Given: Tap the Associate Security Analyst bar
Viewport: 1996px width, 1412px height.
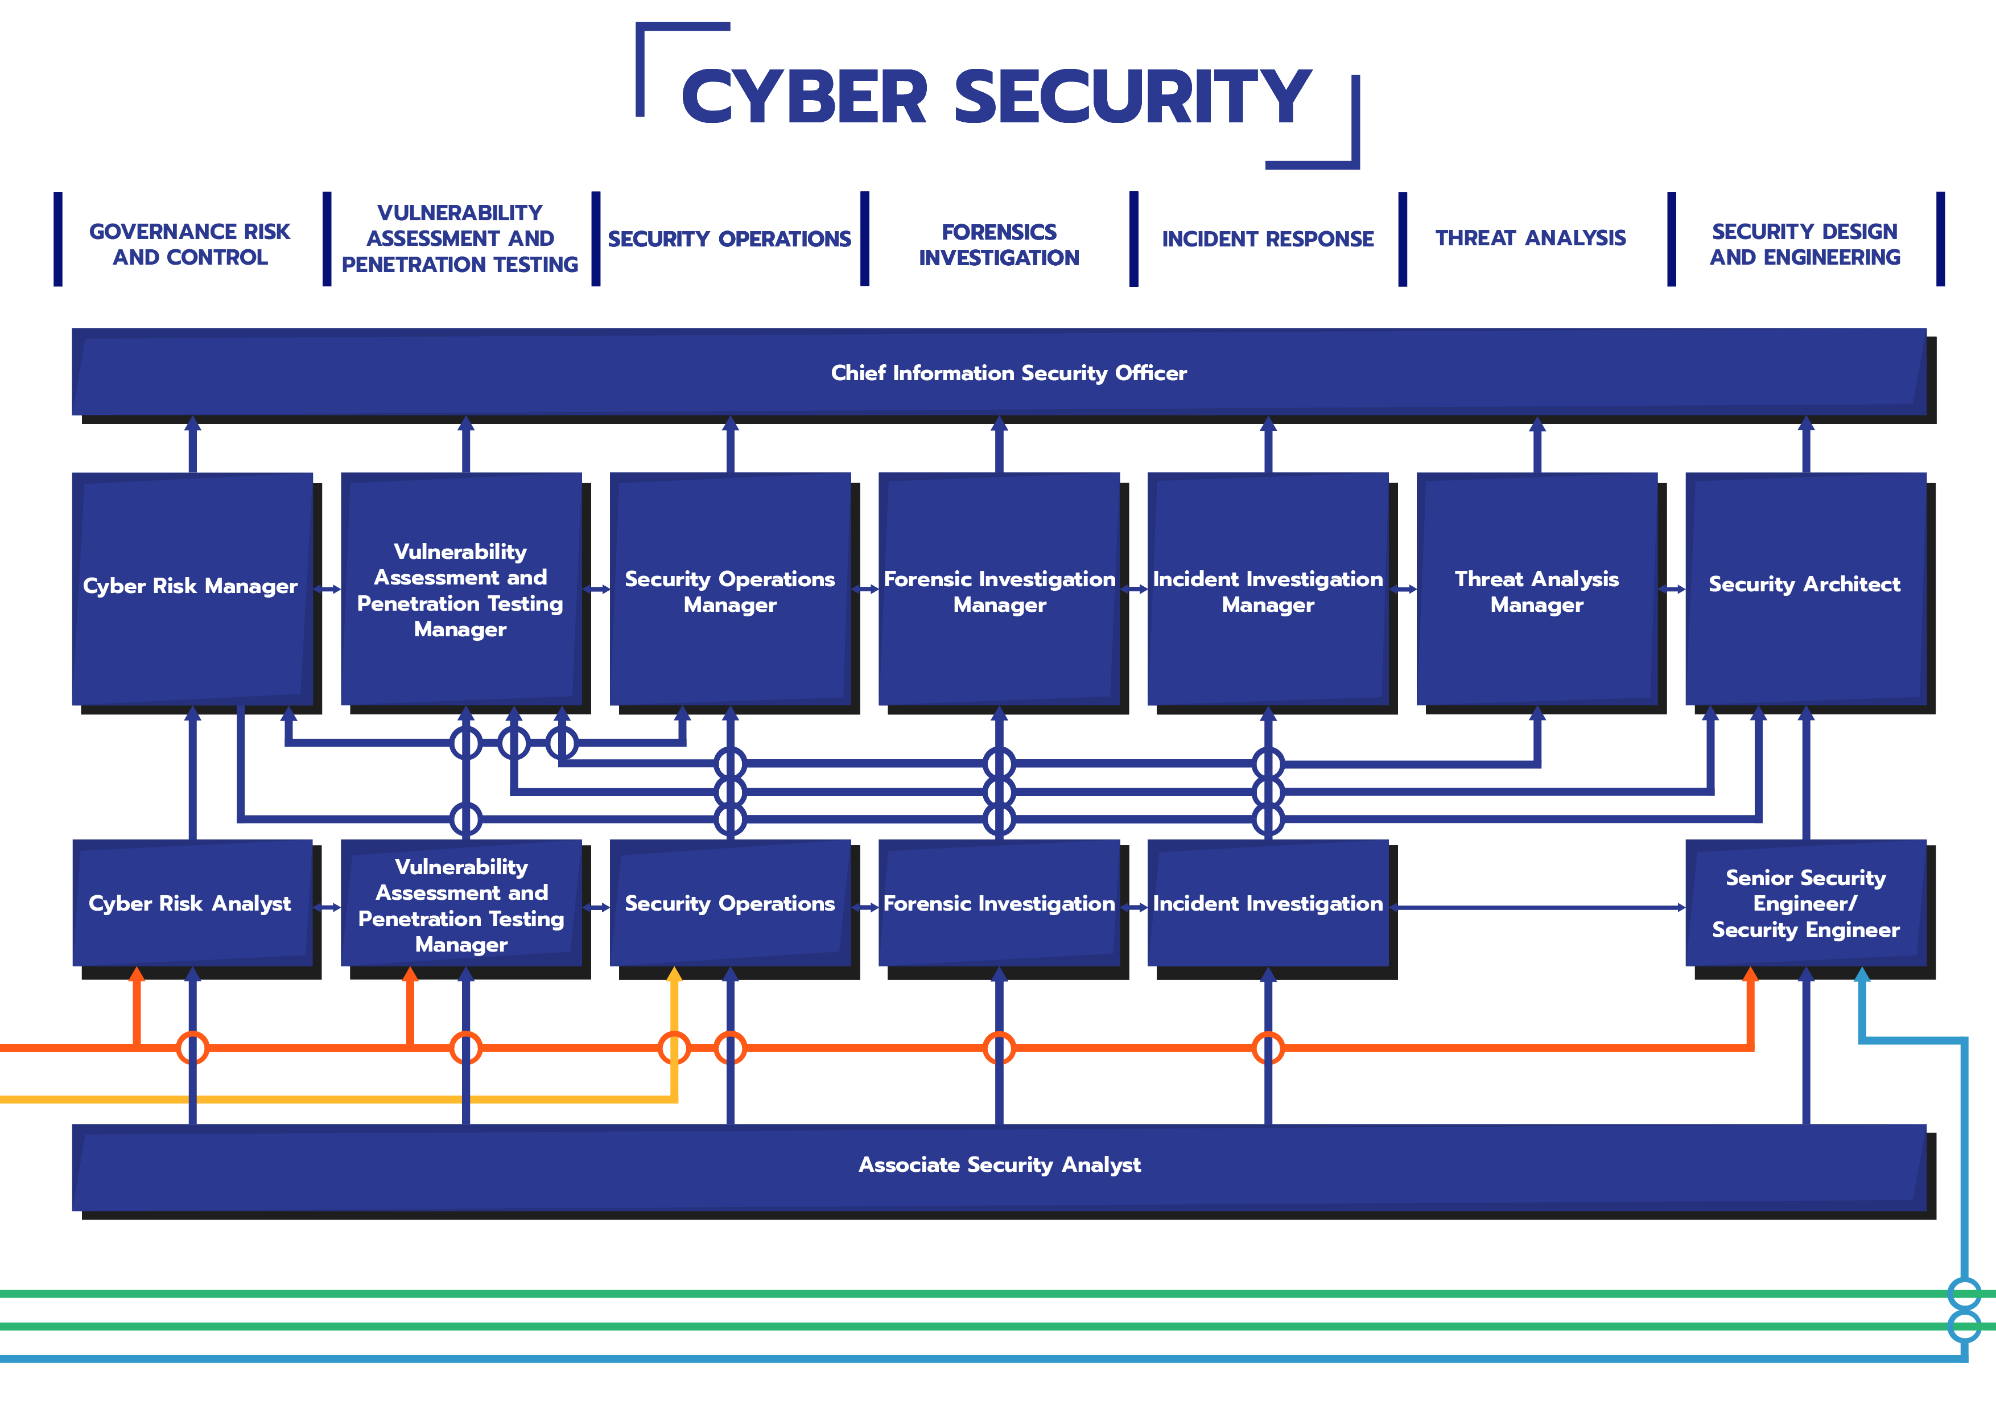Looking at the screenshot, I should coord(1000,1165).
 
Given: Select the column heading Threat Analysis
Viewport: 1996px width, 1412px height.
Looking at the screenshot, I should coord(1530,238).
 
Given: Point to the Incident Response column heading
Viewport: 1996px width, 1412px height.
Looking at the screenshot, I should coord(1268,239).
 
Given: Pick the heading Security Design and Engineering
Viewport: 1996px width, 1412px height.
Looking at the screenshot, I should coord(1805,244).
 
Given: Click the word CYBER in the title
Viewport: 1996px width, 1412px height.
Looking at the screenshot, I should coord(805,97).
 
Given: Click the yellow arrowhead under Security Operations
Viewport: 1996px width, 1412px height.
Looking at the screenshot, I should coord(675,975).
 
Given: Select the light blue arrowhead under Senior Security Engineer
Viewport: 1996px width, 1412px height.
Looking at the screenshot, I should coord(1862,975).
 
